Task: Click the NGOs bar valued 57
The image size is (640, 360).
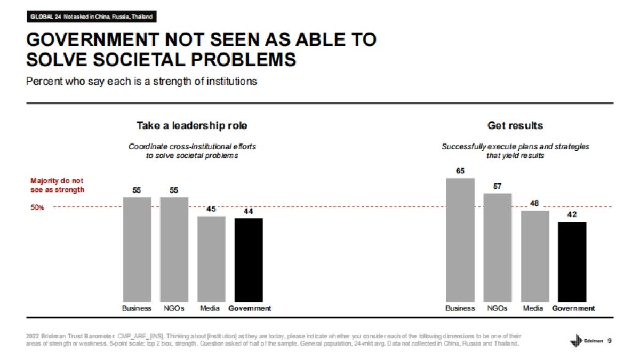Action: (x=497, y=248)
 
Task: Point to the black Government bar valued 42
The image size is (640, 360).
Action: (x=572, y=262)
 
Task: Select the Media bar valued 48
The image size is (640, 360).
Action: (x=534, y=257)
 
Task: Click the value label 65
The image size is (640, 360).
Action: (x=460, y=171)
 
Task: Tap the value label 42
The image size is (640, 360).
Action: (x=572, y=215)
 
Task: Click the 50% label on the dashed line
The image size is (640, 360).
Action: (x=36, y=207)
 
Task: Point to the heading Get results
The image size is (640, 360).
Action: (x=515, y=126)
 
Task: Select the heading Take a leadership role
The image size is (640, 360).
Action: (x=192, y=126)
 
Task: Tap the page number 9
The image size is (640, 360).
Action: (x=610, y=341)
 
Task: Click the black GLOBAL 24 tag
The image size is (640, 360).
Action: (x=91, y=17)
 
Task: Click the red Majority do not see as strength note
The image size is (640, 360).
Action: (x=57, y=185)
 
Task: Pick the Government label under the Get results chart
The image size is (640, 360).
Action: (x=573, y=308)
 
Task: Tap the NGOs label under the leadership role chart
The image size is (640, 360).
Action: (x=174, y=308)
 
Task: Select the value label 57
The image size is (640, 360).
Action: (x=497, y=186)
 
